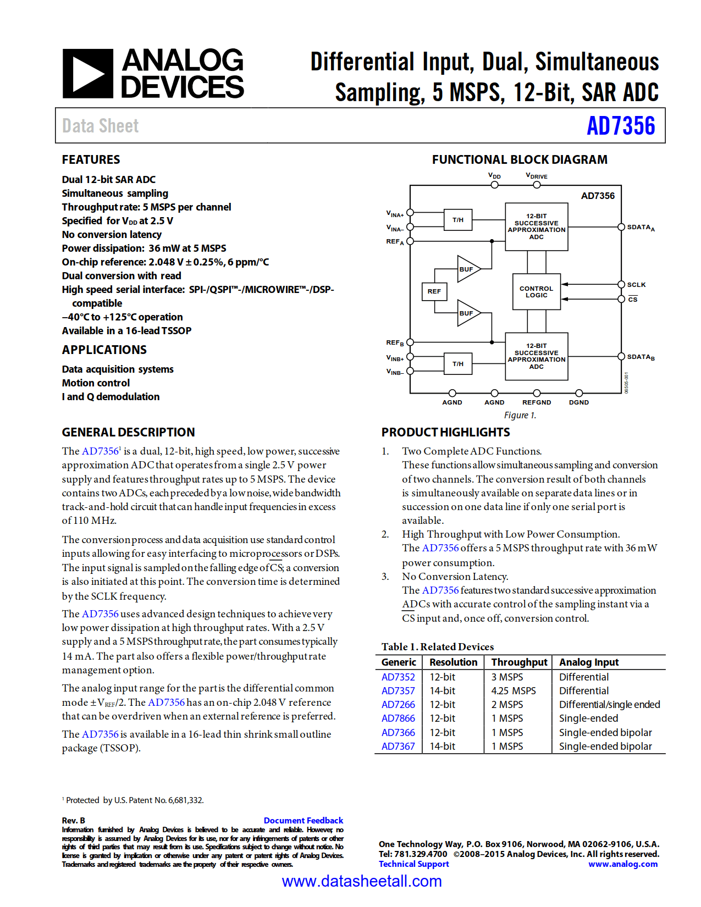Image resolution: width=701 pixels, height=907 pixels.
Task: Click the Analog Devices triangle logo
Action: (x=88, y=74)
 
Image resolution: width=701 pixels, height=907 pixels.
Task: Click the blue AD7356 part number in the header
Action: (x=620, y=126)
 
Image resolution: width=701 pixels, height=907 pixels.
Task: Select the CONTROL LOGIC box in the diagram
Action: (x=536, y=292)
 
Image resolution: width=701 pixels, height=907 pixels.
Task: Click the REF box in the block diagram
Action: (x=434, y=291)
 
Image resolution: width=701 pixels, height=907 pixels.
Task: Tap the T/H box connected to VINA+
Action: (x=458, y=220)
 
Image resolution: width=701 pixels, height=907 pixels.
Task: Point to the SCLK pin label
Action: (x=636, y=285)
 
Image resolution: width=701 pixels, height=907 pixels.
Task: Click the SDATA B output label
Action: (x=640, y=357)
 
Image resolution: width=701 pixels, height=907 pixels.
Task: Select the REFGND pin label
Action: (x=536, y=402)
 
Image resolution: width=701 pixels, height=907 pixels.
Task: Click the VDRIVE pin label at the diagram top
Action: (x=537, y=176)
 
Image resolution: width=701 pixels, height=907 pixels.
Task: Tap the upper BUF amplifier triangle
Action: (x=467, y=269)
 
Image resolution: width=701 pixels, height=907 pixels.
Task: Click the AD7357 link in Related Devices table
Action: (x=398, y=691)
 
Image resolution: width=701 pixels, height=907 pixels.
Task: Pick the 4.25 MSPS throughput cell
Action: (x=513, y=691)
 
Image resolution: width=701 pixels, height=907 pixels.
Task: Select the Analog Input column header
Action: (x=588, y=662)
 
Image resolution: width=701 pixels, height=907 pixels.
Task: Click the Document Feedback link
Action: (x=303, y=820)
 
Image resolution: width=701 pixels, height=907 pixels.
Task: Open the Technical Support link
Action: (x=413, y=864)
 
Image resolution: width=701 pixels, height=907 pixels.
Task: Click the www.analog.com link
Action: (x=622, y=864)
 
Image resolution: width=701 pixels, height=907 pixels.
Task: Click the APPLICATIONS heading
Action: (x=104, y=350)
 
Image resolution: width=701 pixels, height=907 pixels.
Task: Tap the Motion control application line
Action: (x=96, y=383)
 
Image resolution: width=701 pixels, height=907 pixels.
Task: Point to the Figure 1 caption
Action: (x=520, y=416)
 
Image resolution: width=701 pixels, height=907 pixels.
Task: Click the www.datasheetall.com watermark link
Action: (x=361, y=881)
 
